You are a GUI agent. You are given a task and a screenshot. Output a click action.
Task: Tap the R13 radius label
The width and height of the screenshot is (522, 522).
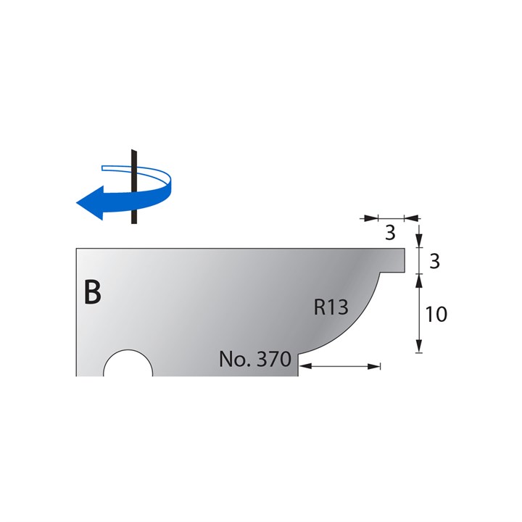(331, 307)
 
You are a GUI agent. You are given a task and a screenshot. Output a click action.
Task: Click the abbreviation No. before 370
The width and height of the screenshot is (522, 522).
(233, 359)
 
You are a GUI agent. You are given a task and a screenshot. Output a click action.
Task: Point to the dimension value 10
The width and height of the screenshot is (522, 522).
(436, 314)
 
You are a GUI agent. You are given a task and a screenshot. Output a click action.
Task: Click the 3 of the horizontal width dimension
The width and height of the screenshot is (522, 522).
(390, 233)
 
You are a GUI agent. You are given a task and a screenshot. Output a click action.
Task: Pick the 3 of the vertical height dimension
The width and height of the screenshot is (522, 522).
(435, 262)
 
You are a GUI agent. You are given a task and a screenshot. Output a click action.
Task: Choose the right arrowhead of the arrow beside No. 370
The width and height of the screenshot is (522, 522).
(375, 367)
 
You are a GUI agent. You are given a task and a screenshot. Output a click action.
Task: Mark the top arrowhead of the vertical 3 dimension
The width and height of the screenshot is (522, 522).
(419, 242)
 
